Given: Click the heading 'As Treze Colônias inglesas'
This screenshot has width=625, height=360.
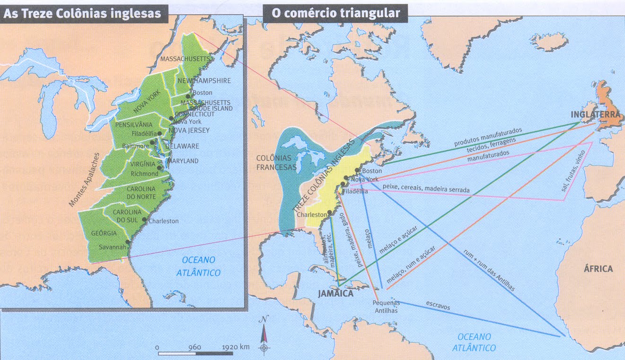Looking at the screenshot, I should point(82,14).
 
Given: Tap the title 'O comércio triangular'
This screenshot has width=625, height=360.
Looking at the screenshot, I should point(335,14).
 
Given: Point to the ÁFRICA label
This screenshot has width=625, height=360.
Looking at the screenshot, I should point(598,269).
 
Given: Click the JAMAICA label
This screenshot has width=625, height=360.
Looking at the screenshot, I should point(335,294).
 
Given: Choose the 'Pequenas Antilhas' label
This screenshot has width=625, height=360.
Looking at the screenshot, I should point(386,307).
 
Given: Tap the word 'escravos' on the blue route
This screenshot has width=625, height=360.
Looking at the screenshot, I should point(438,306).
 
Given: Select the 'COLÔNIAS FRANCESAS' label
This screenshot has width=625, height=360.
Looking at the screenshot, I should point(277,162).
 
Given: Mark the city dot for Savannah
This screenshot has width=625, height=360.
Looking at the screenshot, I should point(127,242).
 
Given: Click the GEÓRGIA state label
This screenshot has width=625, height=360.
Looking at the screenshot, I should point(104,233).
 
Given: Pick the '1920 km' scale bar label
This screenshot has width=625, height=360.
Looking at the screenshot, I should point(235,347).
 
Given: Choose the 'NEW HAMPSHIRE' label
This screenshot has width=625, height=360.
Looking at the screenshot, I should point(204,80).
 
